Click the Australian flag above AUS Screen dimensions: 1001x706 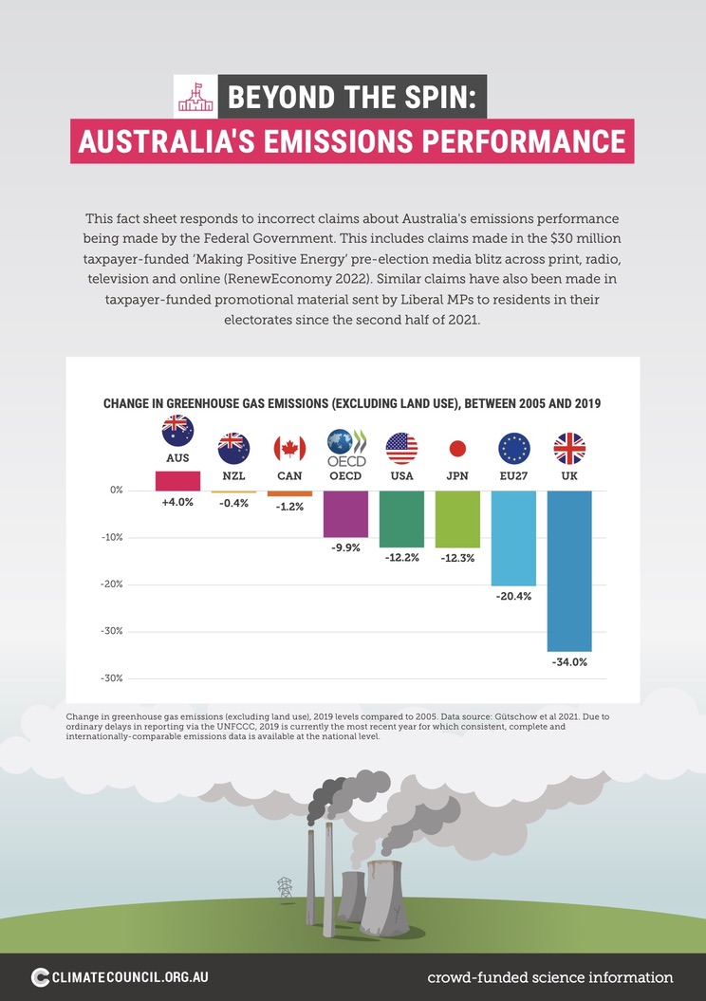pos(177,431)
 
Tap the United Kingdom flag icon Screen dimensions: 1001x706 pos(569,448)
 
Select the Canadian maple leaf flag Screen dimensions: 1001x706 pos(289,448)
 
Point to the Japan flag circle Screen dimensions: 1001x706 pos(457,448)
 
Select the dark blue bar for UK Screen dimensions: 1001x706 pos(569,570)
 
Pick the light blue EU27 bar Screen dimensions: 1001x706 pos(513,538)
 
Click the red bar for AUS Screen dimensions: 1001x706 pos(177,481)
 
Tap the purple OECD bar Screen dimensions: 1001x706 pos(345,514)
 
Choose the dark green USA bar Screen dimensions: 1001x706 pos(401,519)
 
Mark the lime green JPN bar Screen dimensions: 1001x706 pos(457,519)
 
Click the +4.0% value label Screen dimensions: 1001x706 pos(177,502)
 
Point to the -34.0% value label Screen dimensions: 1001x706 pos(569,662)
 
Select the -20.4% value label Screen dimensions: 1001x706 pos(513,598)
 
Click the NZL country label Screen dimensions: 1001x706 pos(233,474)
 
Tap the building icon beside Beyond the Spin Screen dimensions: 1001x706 pos(196,95)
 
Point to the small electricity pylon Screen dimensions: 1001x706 pos(284,888)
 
